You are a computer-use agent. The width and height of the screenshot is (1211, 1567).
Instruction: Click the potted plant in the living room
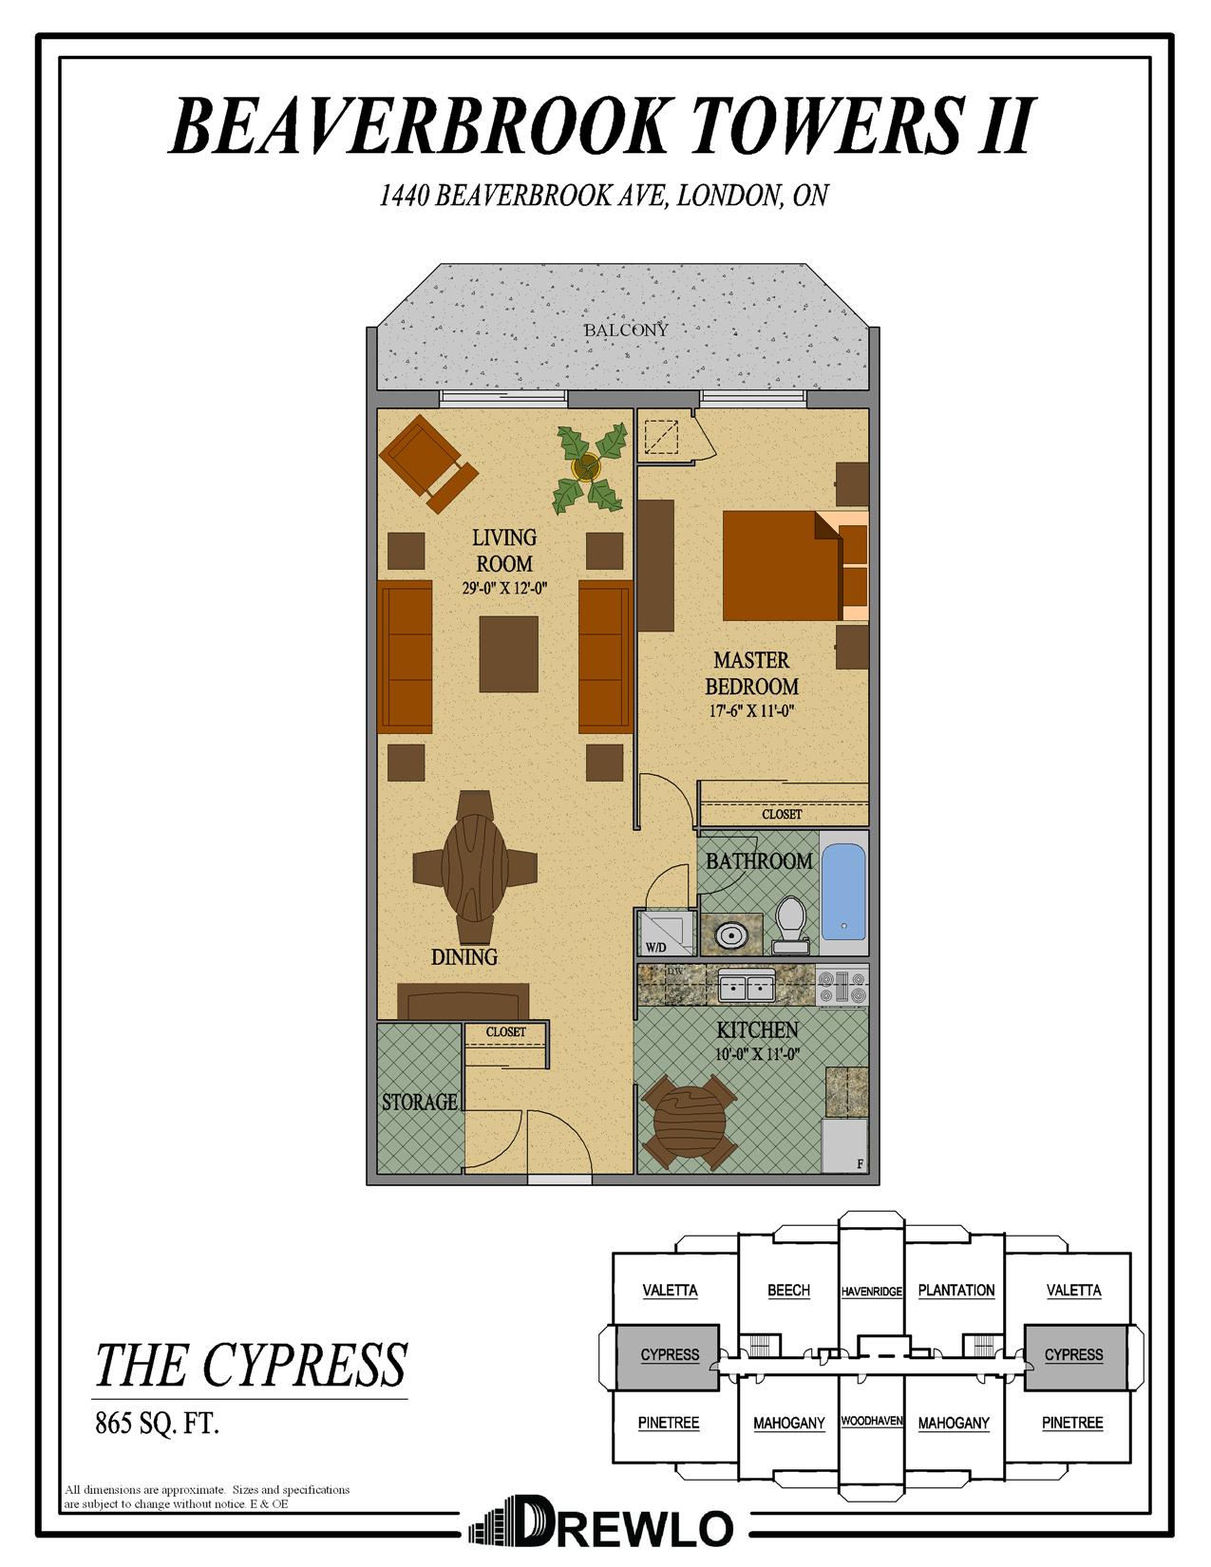pyautogui.click(x=589, y=467)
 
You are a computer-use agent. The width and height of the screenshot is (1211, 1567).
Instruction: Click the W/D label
pyautogui.click(x=655, y=946)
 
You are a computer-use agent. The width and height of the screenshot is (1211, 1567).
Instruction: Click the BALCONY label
pyautogui.click(x=625, y=330)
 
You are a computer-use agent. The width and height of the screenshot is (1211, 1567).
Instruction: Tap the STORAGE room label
pyautogui.click(x=419, y=1102)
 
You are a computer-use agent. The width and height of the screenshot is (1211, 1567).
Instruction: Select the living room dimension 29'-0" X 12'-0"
pyautogui.click(x=504, y=589)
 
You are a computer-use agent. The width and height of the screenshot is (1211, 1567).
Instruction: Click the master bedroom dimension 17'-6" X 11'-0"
pyautogui.click(x=751, y=710)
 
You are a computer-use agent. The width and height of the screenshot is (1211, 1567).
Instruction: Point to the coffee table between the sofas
pyautogui.click(x=508, y=654)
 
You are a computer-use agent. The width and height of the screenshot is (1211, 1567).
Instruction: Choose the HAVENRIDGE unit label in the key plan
pyautogui.click(x=871, y=1292)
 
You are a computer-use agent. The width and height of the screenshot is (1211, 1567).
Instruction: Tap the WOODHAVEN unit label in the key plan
pyautogui.click(x=871, y=1422)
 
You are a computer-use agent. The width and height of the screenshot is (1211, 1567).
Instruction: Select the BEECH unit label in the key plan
pyautogui.click(x=788, y=1290)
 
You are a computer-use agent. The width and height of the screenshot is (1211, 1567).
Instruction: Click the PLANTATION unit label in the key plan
pyautogui.click(x=956, y=1290)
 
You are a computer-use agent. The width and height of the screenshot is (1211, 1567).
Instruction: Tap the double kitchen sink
pyautogui.click(x=747, y=987)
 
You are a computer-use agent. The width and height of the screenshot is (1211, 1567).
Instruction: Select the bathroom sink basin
pyautogui.click(x=731, y=935)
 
